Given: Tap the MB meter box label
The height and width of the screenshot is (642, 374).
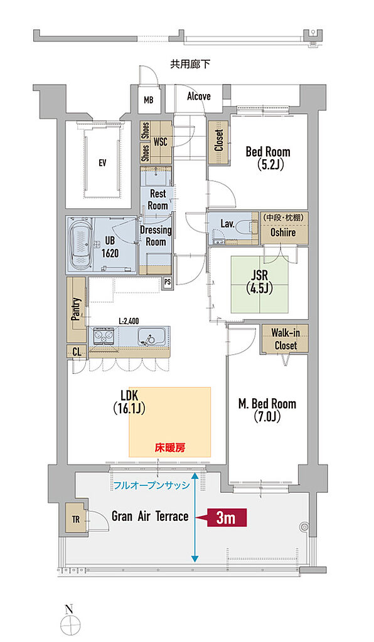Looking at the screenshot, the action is (x=149, y=99).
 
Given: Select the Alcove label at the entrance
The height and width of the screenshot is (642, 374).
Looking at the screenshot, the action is (x=199, y=97).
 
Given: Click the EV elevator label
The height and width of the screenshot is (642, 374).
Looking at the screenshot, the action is (x=102, y=162).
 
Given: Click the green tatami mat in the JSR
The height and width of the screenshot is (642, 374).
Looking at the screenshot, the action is (x=260, y=284).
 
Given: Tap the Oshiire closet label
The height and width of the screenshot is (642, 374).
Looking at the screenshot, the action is (x=283, y=232).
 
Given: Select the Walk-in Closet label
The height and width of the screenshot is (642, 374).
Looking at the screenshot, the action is (x=286, y=339).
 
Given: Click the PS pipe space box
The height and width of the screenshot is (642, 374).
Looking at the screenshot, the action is (x=167, y=283).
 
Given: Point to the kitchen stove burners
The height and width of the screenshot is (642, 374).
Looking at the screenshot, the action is (x=104, y=337).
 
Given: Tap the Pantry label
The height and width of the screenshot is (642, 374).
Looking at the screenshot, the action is (x=76, y=308).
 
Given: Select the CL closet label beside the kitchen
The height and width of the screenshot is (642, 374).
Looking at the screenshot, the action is (x=77, y=351).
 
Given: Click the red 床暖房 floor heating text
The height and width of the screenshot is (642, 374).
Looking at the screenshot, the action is (x=170, y=448).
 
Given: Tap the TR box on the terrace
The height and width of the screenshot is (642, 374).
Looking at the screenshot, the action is (x=76, y=520).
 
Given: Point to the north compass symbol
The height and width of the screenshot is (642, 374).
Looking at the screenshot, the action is (x=70, y=623).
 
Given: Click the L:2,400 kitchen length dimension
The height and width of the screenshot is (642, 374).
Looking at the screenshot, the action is (x=129, y=322).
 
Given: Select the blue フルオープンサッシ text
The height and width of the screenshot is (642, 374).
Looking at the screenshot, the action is (x=151, y=486).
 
